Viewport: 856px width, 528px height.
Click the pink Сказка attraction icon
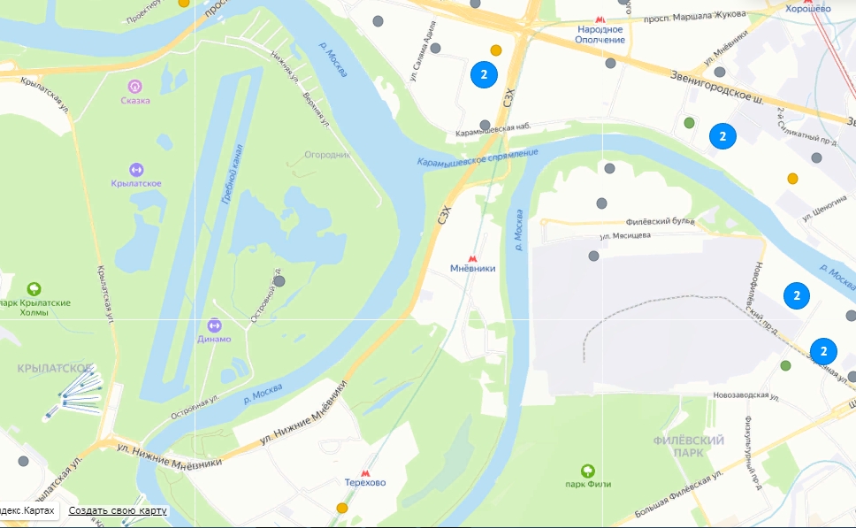[135, 86]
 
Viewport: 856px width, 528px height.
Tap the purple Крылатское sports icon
[135, 169]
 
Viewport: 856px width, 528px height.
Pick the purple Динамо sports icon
[214, 325]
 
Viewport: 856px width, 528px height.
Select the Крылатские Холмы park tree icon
[34, 288]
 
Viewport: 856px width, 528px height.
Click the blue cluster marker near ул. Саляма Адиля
[484, 74]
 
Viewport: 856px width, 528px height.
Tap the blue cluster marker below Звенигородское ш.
[722, 136]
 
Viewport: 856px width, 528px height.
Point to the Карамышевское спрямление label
[478, 157]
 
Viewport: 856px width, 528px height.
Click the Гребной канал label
[233, 175]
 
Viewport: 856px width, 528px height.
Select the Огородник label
[327, 154]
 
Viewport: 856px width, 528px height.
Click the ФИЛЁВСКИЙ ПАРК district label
[689, 446]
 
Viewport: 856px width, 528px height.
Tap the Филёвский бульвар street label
[660, 222]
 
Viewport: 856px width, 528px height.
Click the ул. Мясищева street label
[625, 236]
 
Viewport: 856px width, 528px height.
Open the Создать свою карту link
[118, 511]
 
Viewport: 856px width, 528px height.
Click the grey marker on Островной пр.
[279, 280]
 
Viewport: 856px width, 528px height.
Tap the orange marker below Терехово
[342, 508]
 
